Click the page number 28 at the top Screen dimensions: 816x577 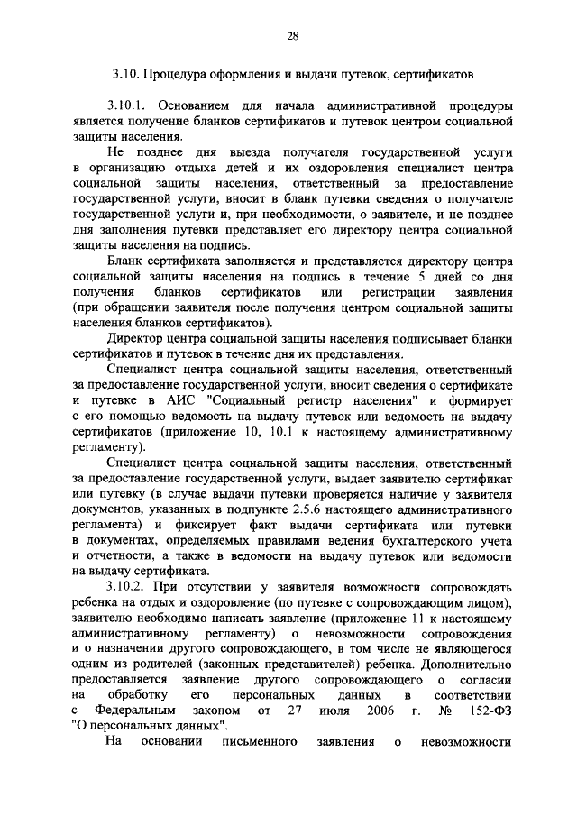tap(292, 36)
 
